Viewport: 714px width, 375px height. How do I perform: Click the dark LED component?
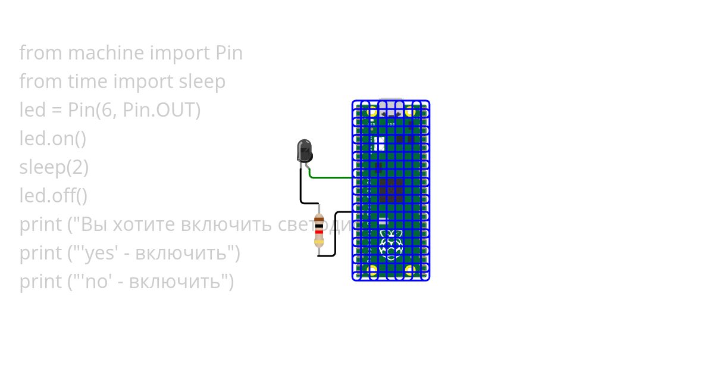point(304,150)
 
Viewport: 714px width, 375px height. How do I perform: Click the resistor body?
point(319,230)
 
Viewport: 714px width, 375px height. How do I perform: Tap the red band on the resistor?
point(319,232)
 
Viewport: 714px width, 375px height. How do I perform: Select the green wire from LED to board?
point(333,177)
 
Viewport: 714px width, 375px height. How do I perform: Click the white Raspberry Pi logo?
point(391,245)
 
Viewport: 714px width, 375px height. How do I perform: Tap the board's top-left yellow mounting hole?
point(372,111)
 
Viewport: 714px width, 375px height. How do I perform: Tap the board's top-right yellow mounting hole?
point(410,111)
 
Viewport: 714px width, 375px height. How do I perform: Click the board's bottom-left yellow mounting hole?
point(372,270)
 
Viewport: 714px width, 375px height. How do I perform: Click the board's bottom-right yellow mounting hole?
point(410,270)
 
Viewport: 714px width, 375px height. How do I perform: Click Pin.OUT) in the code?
point(161,110)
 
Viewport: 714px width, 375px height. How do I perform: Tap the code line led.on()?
point(53,139)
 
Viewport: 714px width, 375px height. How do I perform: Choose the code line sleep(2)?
point(54,167)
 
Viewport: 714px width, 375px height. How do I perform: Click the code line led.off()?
point(54,196)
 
